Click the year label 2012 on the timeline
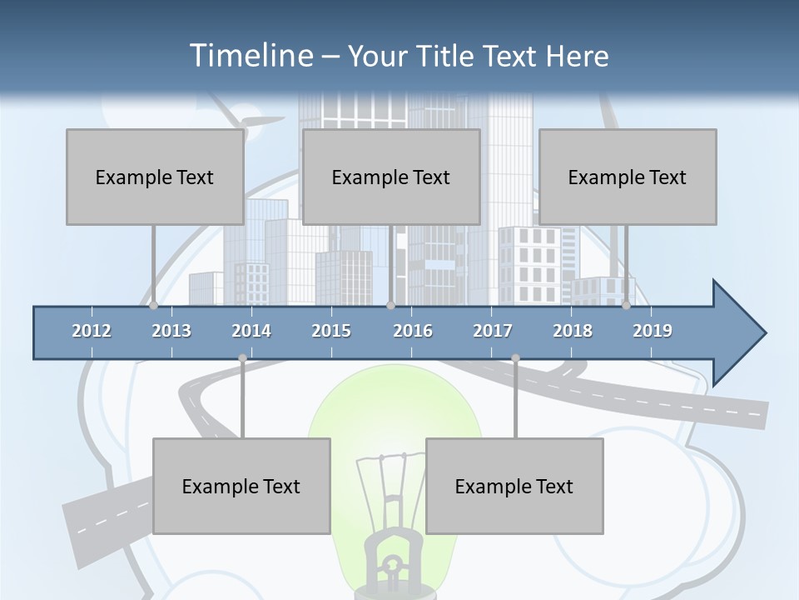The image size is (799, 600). pyautogui.click(x=92, y=331)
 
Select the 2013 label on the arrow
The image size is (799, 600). pyautogui.click(x=171, y=331)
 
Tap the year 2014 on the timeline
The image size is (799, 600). pyautogui.click(x=251, y=331)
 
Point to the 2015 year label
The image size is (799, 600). pyautogui.click(x=331, y=331)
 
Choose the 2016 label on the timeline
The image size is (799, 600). pyautogui.click(x=413, y=331)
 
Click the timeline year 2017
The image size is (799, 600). pyautogui.click(x=493, y=331)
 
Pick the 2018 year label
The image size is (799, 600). pyautogui.click(x=573, y=331)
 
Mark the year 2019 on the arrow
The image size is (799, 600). pyautogui.click(x=653, y=331)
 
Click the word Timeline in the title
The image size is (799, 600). pyautogui.click(x=250, y=56)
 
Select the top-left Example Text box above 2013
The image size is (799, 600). pyautogui.click(x=155, y=177)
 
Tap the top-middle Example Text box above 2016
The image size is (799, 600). pyautogui.click(x=391, y=177)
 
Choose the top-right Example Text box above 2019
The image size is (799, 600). pyautogui.click(x=628, y=177)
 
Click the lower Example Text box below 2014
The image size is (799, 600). pyautogui.click(x=241, y=486)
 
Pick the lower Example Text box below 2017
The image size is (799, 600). pyautogui.click(x=514, y=486)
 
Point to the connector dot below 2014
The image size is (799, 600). pyautogui.click(x=242, y=358)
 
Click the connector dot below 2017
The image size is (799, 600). pyautogui.click(x=515, y=358)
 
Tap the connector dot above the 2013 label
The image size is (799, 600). pyautogui.click(x=153, y=305)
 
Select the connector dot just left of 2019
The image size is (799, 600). pyautogui.click(x=626, y=305)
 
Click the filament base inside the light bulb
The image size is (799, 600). pyautogui.click(x=389, y=558)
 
